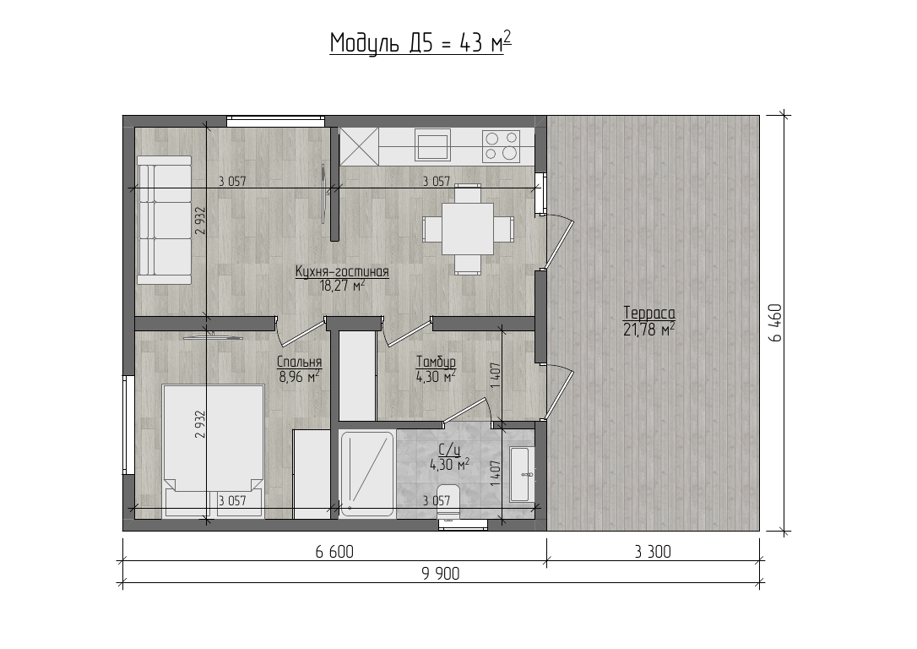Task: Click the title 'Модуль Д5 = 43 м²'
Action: [x=421, y=43]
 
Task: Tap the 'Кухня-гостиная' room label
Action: [x=342, y=272]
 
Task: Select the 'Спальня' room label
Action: [x=300, y=363]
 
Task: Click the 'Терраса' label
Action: [x=649, y=313]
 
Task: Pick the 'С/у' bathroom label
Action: [x=450, y=450]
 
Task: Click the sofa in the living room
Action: [x=165, y=220]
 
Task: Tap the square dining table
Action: [x=468, y=229]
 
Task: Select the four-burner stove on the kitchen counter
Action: [x=502, y=146]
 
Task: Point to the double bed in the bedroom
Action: [x=214, y=451]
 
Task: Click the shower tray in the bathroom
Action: [x=366, y=474]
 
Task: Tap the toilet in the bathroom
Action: [x=449, y=502]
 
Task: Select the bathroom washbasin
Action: [x=520, y=475]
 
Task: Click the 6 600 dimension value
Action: [x=334, y=552]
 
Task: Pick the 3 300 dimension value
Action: [x=653, y=552]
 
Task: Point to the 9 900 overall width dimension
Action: [x=441, y=574]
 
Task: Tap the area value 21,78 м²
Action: [x=649, y=330]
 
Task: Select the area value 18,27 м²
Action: [x=342, y=286]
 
